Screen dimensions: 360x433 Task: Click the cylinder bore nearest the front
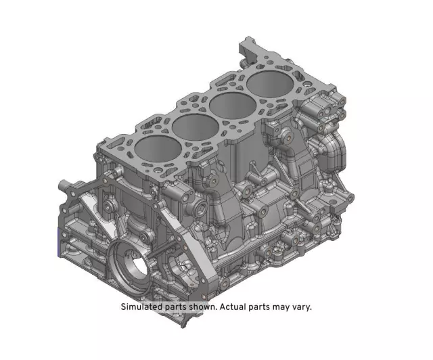[157, 150]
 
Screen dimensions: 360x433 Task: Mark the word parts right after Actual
[267, 306]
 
